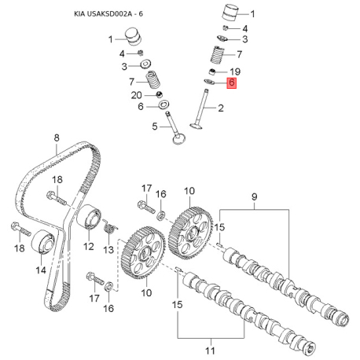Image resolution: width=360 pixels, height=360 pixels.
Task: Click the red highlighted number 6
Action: click(x=232, y=83)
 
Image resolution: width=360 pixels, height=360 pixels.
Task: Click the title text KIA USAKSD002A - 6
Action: click(x=108, y=14)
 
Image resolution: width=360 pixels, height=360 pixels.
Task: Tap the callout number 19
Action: click(x=235, y=72)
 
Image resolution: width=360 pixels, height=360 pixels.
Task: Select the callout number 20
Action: click(x=137, y=95)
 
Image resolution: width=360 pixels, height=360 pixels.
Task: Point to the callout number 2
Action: click(x=221, y=108)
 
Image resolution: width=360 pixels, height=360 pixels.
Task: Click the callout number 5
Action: click(x=155, y=127)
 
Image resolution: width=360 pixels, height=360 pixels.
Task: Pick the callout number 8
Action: click(x=57, y=138)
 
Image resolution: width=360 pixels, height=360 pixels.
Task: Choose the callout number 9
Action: click(x=254, y=197)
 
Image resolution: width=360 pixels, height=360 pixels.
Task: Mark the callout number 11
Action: click(x=210, y=351)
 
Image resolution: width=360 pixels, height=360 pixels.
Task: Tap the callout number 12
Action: click(x=89, y=246)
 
